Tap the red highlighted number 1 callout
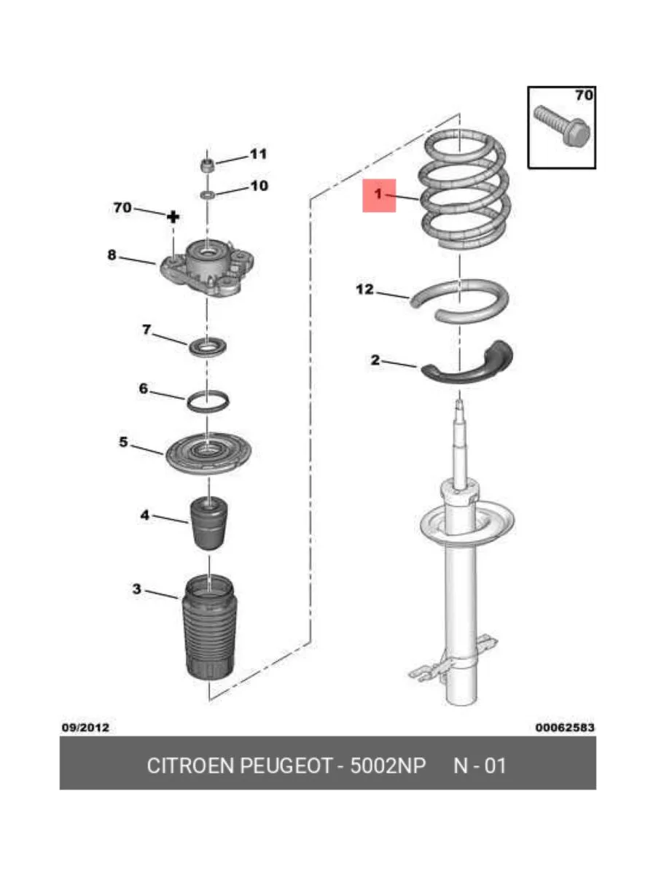click(379, 195)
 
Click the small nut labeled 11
click(207, 165)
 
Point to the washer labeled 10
click(208, 195)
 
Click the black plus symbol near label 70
click(173, 217)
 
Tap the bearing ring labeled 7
click(208, 347)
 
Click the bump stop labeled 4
click(208, 523)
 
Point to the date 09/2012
click(85, 728)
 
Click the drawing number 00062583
click(564, 728)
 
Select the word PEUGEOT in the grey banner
click(286, 766)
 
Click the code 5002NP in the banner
click(388, 766)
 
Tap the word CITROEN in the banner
click(190, 766)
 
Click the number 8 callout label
click(112, 254)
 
